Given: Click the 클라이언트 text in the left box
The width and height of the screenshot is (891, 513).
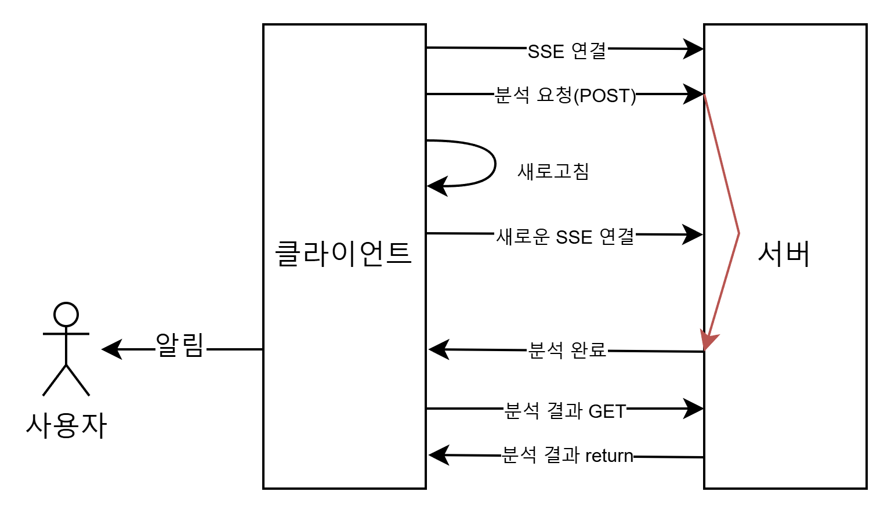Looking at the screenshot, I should (343, 254).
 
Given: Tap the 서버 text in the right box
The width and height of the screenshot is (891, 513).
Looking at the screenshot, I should (784, 254).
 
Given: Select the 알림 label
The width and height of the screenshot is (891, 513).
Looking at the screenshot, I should (180, 346).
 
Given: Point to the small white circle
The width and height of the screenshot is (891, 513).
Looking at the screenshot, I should (66, 315).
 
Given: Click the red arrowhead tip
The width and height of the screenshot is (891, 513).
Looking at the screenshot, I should (705, 349).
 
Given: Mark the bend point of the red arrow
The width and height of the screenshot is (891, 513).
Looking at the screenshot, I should (738, 233).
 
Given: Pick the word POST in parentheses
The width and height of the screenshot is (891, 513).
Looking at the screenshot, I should (604, 95).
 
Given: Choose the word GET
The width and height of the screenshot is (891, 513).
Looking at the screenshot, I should (607, 411).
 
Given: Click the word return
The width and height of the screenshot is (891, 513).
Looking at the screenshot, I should (609, 456).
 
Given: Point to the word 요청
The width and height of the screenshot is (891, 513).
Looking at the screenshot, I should (555, 95).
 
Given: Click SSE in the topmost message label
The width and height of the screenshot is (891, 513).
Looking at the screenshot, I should (546, 51).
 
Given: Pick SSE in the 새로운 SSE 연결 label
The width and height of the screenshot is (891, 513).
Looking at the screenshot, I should (574, 237).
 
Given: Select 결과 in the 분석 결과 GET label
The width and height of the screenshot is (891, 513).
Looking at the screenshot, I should (564, 411).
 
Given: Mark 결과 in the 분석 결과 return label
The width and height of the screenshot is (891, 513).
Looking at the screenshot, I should (562, 456).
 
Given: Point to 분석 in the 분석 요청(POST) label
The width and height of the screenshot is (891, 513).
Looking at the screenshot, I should (513, 95).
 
